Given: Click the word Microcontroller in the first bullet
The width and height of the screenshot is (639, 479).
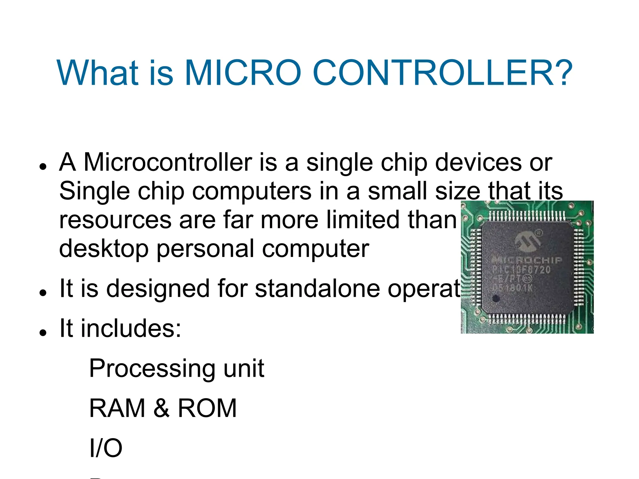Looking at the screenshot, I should point(168,162).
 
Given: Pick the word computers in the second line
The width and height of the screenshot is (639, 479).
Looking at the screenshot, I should point(251,191).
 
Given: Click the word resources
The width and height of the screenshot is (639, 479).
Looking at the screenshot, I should point(115,220).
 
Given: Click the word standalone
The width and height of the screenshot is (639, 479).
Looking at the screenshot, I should point(317,288).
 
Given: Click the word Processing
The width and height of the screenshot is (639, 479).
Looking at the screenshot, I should point(152,369).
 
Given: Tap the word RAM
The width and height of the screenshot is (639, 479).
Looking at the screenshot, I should point(117,408).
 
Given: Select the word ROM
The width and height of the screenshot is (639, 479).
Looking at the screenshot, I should point(207,408).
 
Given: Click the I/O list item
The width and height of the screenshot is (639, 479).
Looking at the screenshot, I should point(106,448).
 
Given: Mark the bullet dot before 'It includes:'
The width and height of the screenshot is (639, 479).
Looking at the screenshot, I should point(43,332).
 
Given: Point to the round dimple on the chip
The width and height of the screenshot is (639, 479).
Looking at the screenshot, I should point(496,298).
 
